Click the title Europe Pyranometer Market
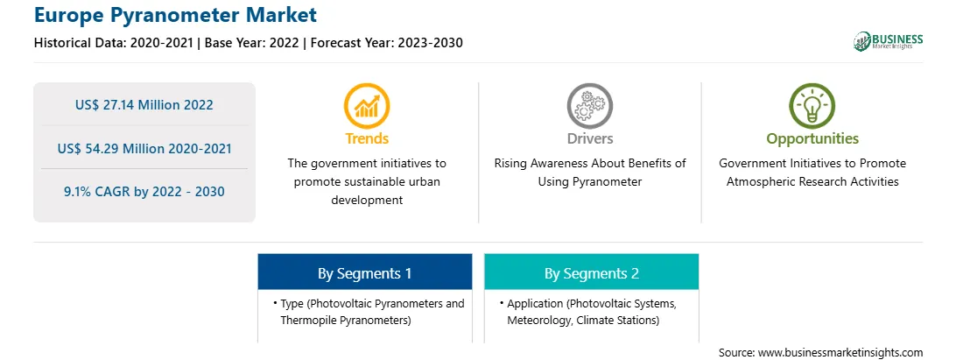coord(176,15)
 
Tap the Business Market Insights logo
coord(888,41)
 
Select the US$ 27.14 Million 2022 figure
coord(144,105)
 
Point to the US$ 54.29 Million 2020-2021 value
coord(144,148)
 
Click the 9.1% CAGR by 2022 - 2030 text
coord(144,192)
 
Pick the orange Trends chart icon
coord(367,106)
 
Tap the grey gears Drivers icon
coord(589,106)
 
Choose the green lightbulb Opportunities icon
coord(812,106)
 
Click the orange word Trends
coord(367,138)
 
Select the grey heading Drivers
coord(589,138)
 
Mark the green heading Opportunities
coord(812,138)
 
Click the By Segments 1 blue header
coord(364,272)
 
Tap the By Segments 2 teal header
coord(592,272)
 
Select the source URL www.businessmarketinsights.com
coord(840,353)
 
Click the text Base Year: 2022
coord(252,43)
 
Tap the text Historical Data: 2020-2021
coord(114,43)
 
